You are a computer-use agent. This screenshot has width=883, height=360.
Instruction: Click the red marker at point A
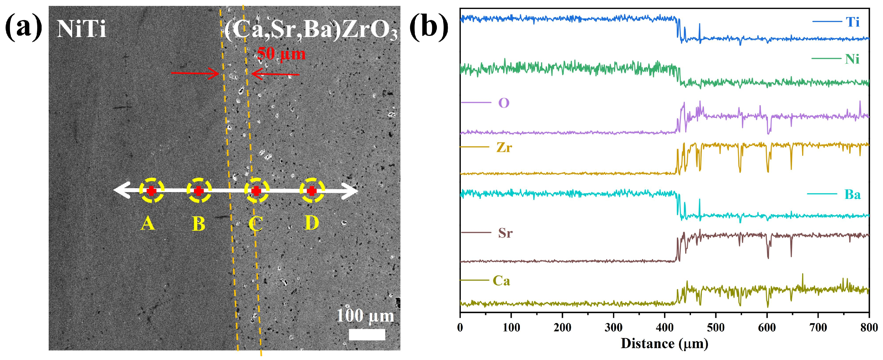[x=152, y=191]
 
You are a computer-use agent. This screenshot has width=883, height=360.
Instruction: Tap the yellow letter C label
[x=256, y=224]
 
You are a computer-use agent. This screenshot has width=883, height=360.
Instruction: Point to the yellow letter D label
[x=311, y=223]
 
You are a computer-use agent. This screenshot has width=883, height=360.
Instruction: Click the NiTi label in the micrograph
[x=81, y=29]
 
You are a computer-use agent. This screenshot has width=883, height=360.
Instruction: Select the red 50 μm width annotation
[x=281, y=54]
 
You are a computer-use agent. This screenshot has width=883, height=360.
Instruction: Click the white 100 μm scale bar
[x=367, y=334]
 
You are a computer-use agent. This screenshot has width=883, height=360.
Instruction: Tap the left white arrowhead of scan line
[x=120, y=191]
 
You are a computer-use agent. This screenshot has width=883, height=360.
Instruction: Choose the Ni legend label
[x=852, y=59]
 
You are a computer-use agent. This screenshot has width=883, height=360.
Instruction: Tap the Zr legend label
[x=504, y=147]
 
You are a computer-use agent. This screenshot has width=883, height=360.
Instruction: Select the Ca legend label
[x=501, y=281]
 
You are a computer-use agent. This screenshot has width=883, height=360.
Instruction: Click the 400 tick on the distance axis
[x=664, y=327]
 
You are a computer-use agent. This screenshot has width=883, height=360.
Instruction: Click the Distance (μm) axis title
[x=664, y=344]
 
